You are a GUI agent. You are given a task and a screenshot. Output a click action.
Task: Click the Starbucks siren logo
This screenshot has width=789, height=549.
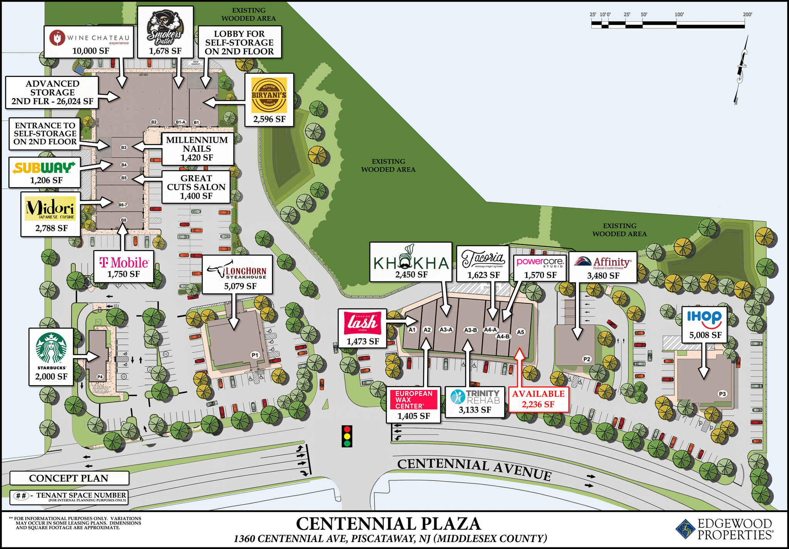coord(51,348)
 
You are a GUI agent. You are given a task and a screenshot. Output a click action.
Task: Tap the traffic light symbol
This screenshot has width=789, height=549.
coord(347,436)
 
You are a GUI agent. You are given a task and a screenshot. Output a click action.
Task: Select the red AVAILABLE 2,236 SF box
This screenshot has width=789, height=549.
coord(538,399)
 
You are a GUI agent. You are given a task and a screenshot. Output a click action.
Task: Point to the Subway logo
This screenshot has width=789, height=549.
coord(44,168)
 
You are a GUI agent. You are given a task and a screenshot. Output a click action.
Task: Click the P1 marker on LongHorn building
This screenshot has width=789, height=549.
coord(255,355)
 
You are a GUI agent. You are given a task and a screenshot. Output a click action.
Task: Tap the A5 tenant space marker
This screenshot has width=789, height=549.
coord(520,332)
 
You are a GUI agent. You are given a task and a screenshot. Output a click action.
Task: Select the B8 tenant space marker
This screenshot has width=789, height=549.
coord(123,220)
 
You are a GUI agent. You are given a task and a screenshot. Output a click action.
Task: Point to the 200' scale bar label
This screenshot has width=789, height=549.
coord(747,15)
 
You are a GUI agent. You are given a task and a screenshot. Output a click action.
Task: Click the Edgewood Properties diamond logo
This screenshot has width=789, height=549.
coord(685,530)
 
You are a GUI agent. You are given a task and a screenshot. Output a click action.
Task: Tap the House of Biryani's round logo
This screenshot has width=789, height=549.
coord(269,95)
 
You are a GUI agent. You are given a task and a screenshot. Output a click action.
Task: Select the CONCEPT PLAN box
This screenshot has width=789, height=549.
coord(69,478)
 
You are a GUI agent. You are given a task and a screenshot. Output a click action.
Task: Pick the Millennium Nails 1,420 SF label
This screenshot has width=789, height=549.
coord(197,149)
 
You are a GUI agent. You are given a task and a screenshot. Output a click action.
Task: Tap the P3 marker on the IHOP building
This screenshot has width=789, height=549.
coord(722,394)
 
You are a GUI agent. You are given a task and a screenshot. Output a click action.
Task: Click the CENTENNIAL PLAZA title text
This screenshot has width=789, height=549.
coord(388,524)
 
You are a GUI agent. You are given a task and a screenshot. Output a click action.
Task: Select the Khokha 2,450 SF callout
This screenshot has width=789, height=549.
coord(411,262)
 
